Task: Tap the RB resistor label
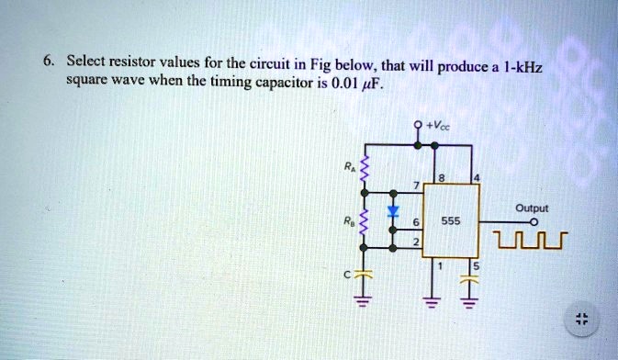coord(346,221)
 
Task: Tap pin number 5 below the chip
coord(476,267)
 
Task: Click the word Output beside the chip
coord(532,208)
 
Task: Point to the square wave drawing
coord(531,242)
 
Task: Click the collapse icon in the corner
coord(579,320)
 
